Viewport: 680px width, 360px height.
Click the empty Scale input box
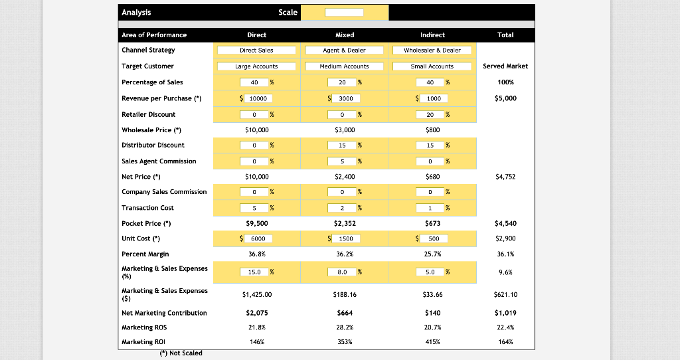coord(344,13)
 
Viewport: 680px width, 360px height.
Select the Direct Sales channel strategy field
coord(256,50)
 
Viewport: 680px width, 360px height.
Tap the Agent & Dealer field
coord(344,50)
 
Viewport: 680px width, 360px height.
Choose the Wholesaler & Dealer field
coord(432,50)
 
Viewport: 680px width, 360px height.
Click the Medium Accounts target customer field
coord(344,66)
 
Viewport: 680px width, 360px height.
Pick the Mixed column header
coord(345,35)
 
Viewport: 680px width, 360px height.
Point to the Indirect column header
coord(432,35)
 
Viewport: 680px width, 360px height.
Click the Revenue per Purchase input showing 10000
coord(258,98)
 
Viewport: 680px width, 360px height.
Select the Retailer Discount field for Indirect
coord(430,114)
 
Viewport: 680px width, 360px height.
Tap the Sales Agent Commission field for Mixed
coord(342,161)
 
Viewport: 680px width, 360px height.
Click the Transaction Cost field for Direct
coord(254,208)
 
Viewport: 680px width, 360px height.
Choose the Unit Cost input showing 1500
coord(345,238)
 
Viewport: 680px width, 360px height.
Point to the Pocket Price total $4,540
coord(505,224)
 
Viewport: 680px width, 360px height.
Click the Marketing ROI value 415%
coord(432,342)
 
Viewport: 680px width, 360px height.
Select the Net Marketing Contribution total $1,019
coord(505,313)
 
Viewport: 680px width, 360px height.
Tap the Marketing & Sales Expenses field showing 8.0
coord(342,272)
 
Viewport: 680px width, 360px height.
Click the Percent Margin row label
coord(145,254)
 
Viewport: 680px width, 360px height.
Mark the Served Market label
coord(505,66)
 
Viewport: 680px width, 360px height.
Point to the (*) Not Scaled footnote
coord(181,353)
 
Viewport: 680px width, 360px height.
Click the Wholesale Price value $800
coord(432,130)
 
